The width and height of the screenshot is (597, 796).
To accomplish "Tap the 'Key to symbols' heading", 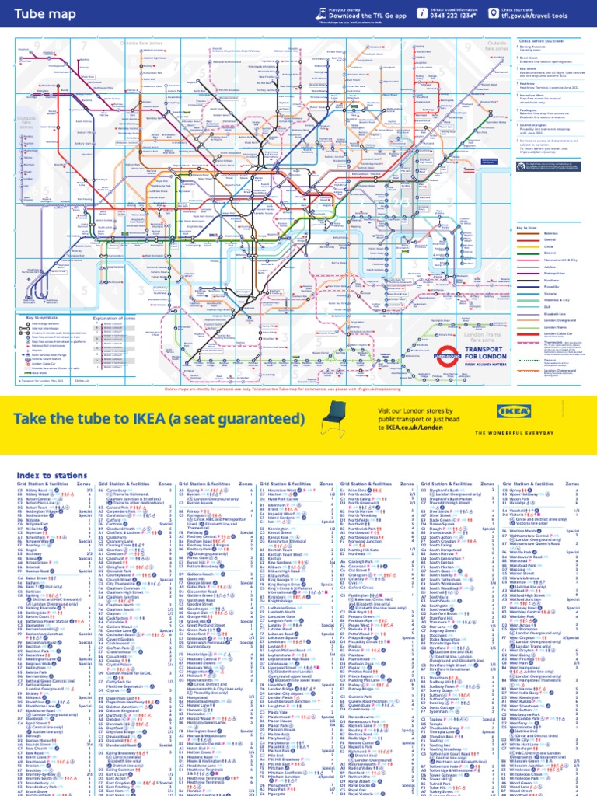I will point(42,318).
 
